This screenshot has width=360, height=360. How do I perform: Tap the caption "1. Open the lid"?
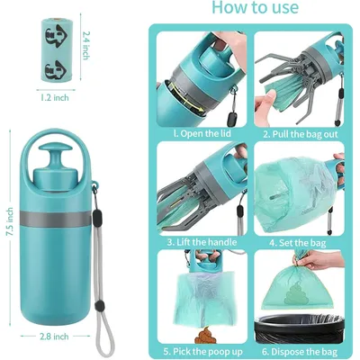click(x=199, y=133)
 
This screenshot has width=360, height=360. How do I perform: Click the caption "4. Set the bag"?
click(x=297, y=241)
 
